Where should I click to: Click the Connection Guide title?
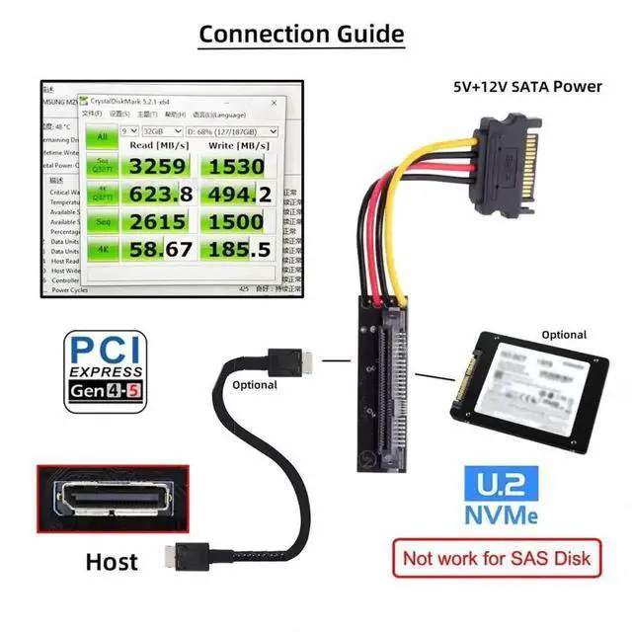pyautogui.click(x=301, y=34)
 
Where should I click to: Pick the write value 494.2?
pyautogui.click(x=237, y=194)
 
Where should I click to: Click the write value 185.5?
pyautogui.click(x=237, y=250)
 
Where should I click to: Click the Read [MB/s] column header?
pyautogui.click(x=155, y=145)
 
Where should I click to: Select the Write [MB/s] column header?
pyautogui.click(x=237, y=145)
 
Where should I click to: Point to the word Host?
pyautogui.click(x=112, y=562)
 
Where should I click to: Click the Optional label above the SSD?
pyautogui.click(x=563, y=335)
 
